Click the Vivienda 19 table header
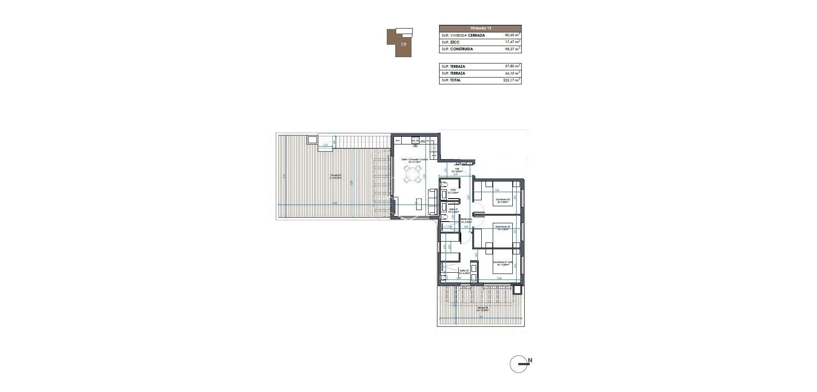click(480, 28)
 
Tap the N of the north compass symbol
click(530, 361)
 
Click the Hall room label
click(457, 169)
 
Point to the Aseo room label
click(453, 190)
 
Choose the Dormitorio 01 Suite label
click(503, 262)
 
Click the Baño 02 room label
click(464, 270)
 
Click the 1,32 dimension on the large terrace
click(326, 145)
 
